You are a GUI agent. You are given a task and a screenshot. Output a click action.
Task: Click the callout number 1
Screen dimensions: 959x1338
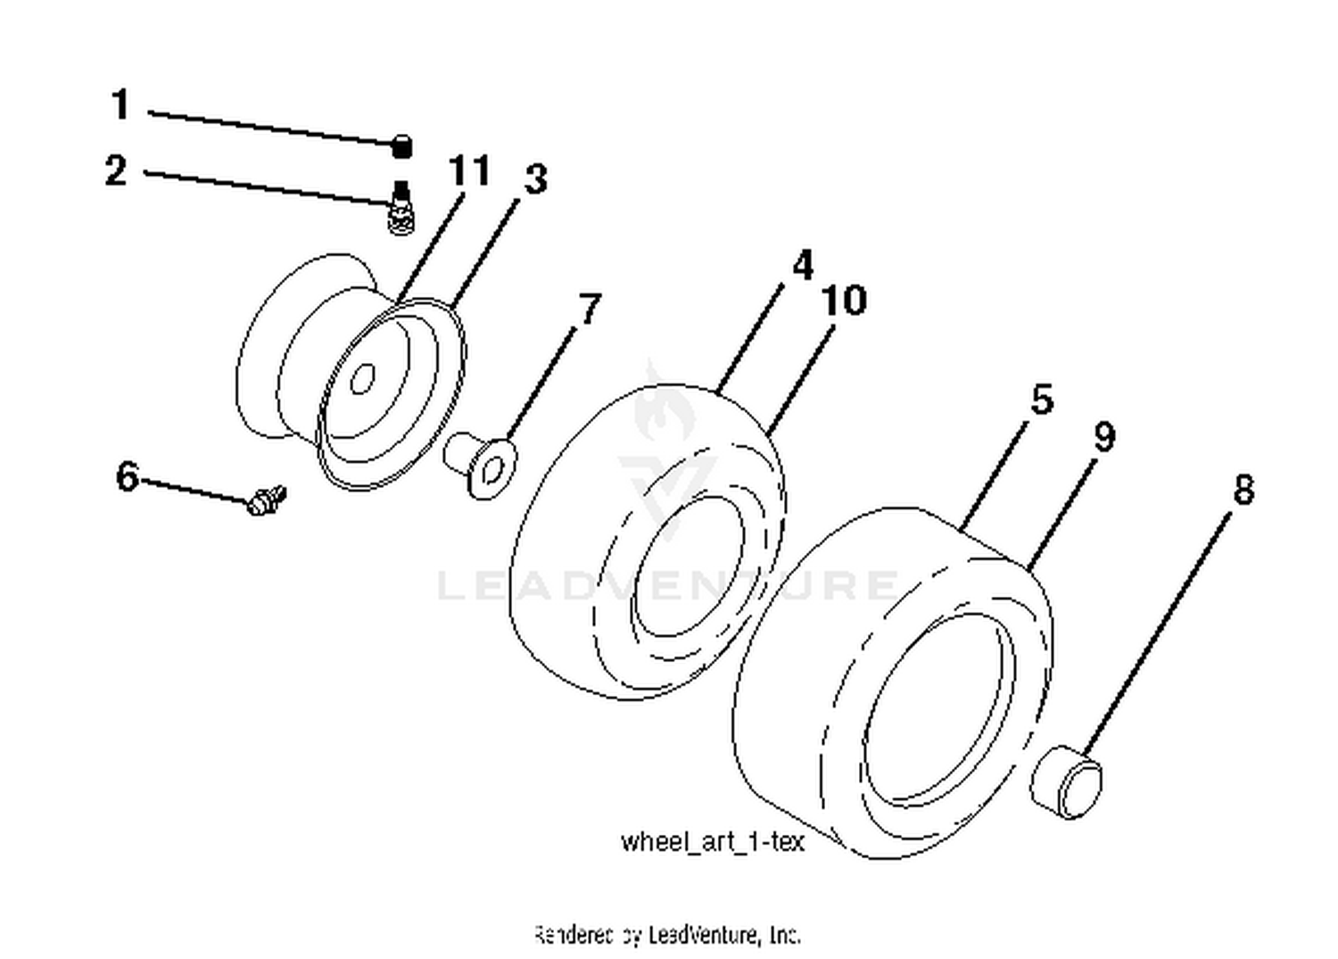coord(120,104)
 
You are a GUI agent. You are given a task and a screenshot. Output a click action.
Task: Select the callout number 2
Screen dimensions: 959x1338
coord(116,170)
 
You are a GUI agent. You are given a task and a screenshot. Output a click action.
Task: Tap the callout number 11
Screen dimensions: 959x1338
coord(469,170)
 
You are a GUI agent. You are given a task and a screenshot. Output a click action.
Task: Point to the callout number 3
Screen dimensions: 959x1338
coord(534,179)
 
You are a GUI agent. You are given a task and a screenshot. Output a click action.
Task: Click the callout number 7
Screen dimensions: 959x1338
coord(590,310)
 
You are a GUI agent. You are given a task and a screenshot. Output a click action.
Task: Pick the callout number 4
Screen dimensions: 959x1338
coord(802,266)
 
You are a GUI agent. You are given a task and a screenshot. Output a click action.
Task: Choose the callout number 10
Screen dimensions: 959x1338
coord(843,301)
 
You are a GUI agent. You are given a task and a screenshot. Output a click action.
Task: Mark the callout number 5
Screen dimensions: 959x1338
coord(1041,399)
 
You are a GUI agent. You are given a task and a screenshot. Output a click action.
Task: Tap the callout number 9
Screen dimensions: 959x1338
coord(1103,437)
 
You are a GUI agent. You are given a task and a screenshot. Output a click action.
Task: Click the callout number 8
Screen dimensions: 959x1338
coord(1243,490)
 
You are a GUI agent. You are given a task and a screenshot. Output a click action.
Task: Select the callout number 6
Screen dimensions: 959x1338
coord(128,476)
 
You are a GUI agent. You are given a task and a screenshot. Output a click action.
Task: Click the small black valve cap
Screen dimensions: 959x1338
coord(402,145)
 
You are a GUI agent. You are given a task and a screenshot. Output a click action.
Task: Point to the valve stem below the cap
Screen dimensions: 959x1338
coord(401,211)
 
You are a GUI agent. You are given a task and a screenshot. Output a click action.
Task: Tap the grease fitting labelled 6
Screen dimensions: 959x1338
coord(266,500)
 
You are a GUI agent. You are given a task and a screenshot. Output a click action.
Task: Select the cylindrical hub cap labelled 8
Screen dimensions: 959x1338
coord(1066,782)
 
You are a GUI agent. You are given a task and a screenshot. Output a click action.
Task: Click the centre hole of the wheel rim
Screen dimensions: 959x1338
coord(361,379)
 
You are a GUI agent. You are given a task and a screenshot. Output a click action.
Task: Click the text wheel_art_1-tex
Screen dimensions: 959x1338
coord(712,841)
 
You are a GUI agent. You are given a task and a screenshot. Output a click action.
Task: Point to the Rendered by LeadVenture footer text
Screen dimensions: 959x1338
coord(667,934)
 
